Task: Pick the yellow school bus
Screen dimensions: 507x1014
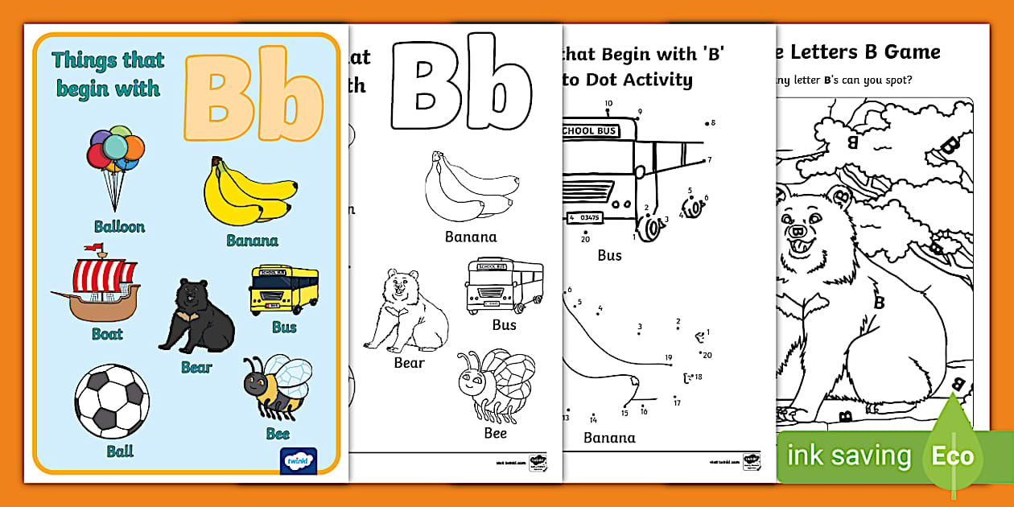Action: tap(284, 290)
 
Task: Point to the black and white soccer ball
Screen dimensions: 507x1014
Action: tap(112, 400)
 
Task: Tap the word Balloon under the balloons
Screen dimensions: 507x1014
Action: tap(119, 227)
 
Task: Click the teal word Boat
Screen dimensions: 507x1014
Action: tap(107, 333)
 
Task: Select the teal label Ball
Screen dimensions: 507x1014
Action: tap(120, 451)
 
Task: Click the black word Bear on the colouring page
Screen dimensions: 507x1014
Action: tap(409, 363)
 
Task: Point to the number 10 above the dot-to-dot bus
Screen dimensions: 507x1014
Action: tap(608, 103)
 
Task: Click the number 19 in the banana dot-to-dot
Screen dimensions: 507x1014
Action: tap(668, 358)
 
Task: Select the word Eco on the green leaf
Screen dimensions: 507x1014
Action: tap(954, 457)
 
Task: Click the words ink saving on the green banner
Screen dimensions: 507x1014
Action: tap(849, 456)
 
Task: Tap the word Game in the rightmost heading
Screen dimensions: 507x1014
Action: tap(912, 53)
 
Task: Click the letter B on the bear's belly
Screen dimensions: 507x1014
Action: tap(879, 303)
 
